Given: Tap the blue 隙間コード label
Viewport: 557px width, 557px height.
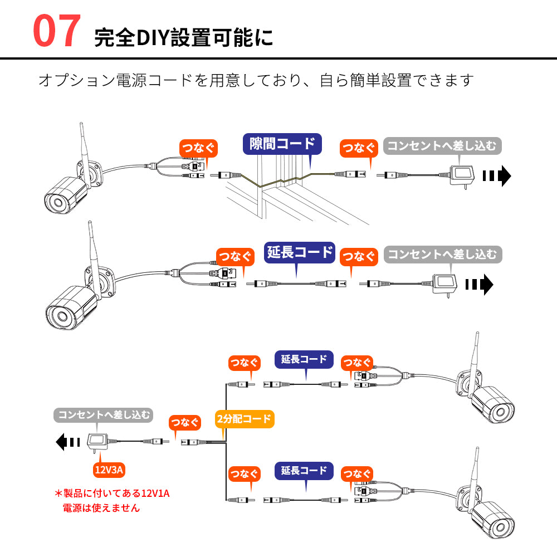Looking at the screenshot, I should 282,144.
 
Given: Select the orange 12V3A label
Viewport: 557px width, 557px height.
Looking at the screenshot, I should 109,470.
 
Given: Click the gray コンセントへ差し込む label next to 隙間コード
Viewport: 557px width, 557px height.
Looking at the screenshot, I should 442,146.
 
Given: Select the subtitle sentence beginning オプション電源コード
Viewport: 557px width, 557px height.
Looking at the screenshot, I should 256,80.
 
